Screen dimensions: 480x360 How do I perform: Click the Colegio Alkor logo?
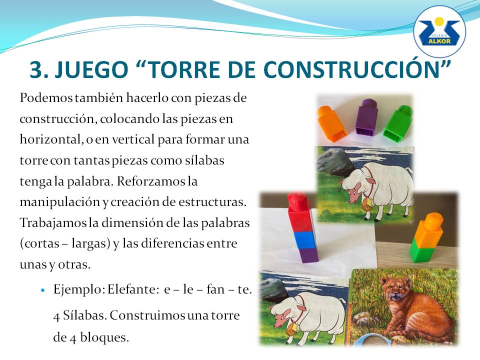tap(439, 31)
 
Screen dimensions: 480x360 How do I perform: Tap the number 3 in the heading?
tap(36, 69)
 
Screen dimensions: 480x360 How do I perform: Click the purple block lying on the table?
tap(366, 116)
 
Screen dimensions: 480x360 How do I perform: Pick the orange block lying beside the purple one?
tap(331, 123)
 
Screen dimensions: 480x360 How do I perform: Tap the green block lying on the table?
tap(397, 124)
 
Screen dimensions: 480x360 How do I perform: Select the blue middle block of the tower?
tap(304, 239)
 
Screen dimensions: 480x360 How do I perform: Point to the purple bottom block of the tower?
tap(307, 255)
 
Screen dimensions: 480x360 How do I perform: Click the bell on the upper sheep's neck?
tap(365, 206)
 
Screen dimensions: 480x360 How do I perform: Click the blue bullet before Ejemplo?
tap(42, 289)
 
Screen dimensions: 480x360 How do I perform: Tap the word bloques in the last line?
tap(104, 337)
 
